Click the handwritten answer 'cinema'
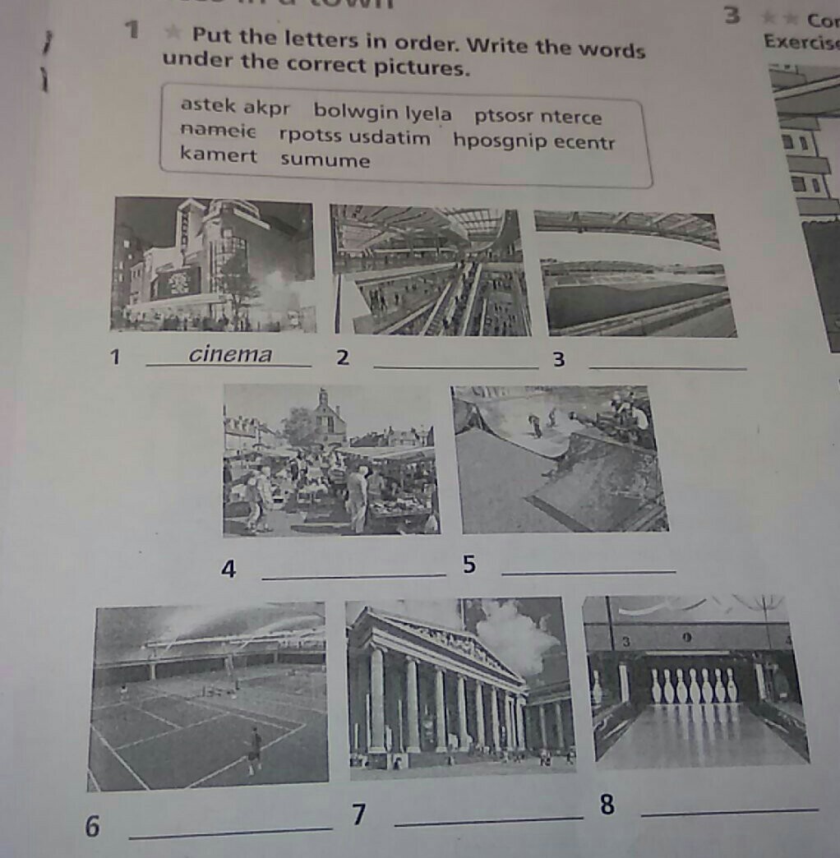click(x=230, y=354)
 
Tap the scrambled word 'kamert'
click(x=219, y=155)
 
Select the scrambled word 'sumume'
click(x=325, y=160)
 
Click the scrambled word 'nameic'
click(x=219, y=131)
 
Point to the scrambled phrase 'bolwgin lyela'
click(x=382, y=112)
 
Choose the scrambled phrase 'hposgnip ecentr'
click(x=533, y=141)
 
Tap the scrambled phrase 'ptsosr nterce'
click(x=538, y=117)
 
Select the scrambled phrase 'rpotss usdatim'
click(x=354, y=136)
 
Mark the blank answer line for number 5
click(x=588, y=570)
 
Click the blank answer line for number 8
click(x=729, y=813)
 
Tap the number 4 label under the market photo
click(x=229, y=569)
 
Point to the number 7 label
click(x=358, y=814)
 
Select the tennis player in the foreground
click(x=255, y=745)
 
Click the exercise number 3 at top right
click(x=732, y=16)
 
